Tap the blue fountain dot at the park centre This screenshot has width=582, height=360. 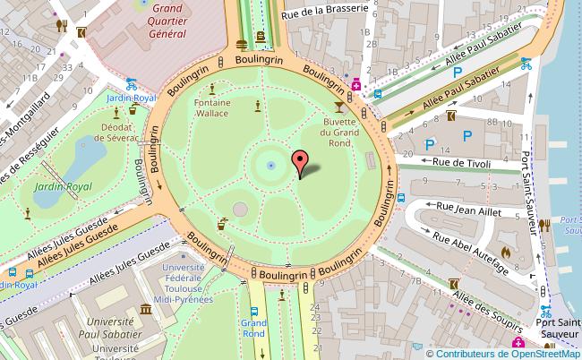point(270,165)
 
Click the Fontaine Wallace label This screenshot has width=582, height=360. point(211,108)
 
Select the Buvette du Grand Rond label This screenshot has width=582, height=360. point(339,137)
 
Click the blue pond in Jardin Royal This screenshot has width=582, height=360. point(80,161)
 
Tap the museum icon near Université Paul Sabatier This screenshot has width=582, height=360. point(145,310)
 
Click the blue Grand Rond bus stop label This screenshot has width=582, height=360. point(254,327)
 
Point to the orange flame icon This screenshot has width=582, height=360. point(506,253)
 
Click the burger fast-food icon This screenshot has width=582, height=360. point(242,43)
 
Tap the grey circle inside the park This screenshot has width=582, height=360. point(240,210)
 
